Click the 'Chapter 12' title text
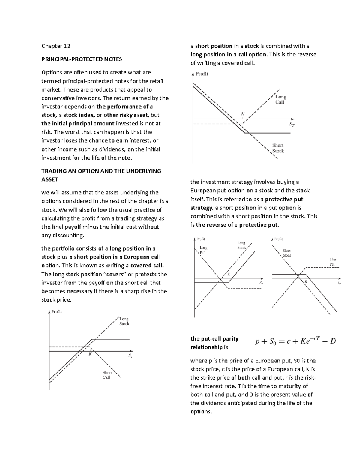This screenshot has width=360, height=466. [56, 46]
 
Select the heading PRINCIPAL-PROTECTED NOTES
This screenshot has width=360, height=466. [82, 59]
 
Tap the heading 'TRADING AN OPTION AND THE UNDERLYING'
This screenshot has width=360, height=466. [101, 171]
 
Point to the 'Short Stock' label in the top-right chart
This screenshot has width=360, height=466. [278, 148]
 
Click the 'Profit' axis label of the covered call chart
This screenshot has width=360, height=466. [56, 312]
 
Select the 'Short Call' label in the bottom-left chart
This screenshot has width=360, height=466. [107, 375]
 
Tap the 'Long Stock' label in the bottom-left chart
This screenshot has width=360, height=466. [124, 321]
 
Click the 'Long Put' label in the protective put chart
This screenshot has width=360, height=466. [203, 250]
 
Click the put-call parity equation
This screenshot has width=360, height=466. [295, 341]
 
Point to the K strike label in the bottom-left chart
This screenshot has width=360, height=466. [90, 354]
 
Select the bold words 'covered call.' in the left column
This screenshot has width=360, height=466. [147, 266]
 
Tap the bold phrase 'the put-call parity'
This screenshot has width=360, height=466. [214, 339]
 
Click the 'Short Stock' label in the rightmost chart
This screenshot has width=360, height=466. [287, 253]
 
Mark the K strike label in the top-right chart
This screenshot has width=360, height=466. [243, 114]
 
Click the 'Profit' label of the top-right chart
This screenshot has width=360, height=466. [202, 74]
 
